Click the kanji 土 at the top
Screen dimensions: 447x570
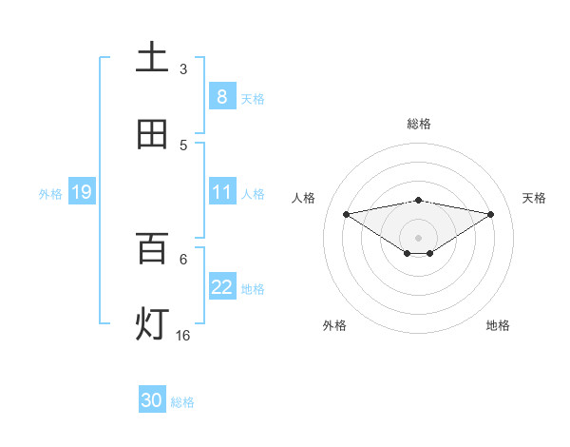point(152,58)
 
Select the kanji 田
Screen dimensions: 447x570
point(152,134)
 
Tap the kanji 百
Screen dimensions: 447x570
point(152,248)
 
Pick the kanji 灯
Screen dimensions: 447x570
point(152,324)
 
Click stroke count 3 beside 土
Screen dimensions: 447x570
point(183,68)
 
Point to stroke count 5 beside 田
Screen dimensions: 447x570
point(183,145)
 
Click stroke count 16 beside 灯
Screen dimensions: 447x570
point(183,335)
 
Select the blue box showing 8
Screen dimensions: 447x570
point(221,97)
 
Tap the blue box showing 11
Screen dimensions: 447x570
point(221,192)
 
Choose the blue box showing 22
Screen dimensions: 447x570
point(221,287)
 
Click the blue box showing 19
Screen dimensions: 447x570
point(81,193)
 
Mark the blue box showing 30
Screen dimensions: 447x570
point(152,400)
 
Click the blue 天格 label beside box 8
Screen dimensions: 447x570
point(253,98)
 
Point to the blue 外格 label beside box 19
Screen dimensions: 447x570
point(50,194)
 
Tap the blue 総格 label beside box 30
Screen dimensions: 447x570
point(182,402)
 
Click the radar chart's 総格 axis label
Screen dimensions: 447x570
point(419,124)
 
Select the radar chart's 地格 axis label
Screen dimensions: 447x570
point(498,325)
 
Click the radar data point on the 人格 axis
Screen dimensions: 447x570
point(346,213)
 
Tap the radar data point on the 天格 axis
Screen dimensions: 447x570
point(491,214)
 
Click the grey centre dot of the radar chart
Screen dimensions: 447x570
point(419,237)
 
